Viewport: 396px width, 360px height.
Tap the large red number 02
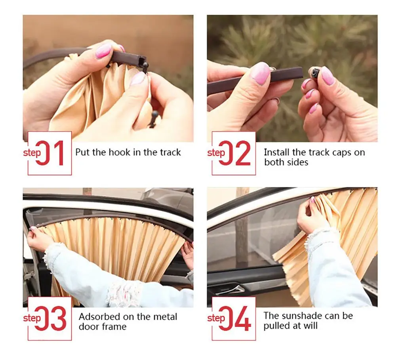pos(234,153)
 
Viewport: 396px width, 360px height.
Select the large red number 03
pos(50,318)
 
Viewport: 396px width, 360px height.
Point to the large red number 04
pos(235,318)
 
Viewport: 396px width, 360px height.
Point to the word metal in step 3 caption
pos(165,316)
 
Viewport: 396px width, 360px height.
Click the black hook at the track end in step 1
pos(145,67)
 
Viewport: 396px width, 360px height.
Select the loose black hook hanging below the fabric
pos(154,119)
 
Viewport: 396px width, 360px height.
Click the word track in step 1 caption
pos(170,152)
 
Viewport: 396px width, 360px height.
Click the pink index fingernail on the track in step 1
pos(103,51)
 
